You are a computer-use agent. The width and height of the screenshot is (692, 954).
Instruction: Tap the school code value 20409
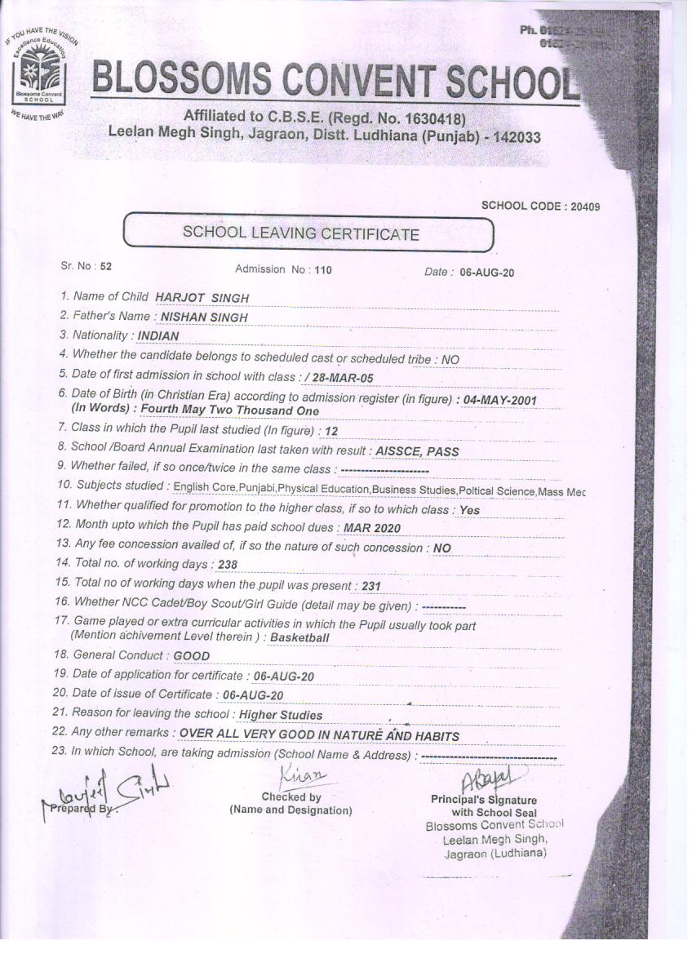[x=584, y=206]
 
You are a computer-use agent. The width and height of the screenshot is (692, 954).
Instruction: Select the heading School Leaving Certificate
[x=301, y=233]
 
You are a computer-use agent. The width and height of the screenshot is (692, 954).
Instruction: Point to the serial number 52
[x=106, y=266]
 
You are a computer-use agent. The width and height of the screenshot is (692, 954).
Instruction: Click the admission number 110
[x=323, y=269]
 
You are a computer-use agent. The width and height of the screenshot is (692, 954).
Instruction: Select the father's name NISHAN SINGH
[x=204, y=317]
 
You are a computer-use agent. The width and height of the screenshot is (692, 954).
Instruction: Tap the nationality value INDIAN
[x=158, y=335]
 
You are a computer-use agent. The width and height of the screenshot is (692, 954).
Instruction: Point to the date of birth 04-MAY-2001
[x=499, y=400]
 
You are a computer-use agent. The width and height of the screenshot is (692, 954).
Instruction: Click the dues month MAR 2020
[x=371, y=528]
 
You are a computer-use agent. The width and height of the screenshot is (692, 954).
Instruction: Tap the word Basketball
[x=299, y=637]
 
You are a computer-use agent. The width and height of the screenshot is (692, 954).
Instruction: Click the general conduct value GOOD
[x=192, y=655]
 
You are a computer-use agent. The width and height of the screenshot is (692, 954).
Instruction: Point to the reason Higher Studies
[x=280, y=715]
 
